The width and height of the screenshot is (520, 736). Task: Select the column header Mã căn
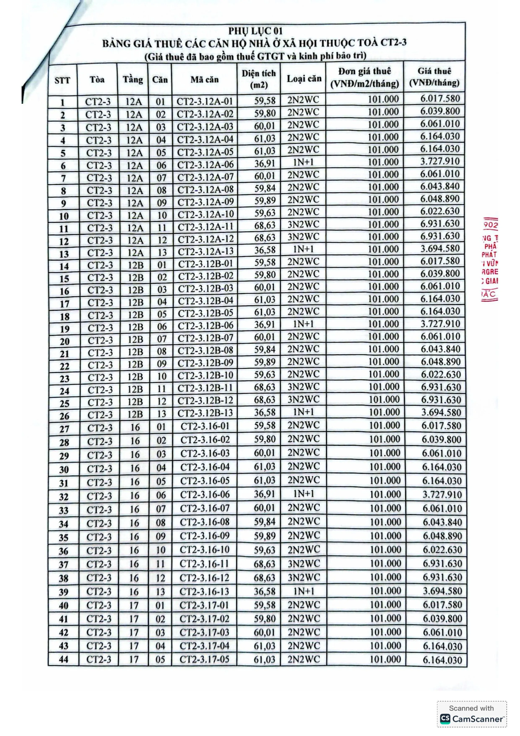pos(204,79)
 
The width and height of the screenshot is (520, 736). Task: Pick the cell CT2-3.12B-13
pos(205,413)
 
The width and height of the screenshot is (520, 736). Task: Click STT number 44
pos(64,659)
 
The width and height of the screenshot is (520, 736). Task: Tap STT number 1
pos(62,103)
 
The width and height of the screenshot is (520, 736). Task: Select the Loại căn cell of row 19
pos(303,324)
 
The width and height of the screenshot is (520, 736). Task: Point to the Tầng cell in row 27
pos(135,427)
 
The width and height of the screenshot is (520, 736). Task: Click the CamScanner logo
pos(445,719)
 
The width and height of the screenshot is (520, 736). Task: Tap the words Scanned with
pos(471,709)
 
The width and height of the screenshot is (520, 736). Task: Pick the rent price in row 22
pos(441,362)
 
